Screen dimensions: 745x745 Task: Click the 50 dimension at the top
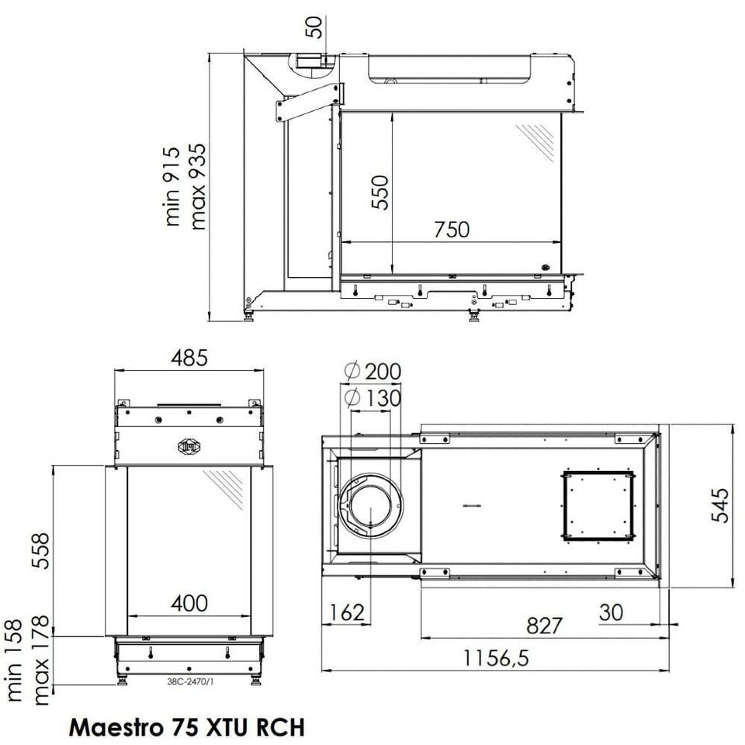tap(314, 27)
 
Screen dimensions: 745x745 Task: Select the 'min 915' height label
tap(172, 186)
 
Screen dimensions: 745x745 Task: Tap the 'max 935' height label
tap(198, 186)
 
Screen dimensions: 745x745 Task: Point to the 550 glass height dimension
tap(380, 192)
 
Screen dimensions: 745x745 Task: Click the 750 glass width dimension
tap(452, 230)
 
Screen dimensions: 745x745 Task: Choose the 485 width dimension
tap(189, 358)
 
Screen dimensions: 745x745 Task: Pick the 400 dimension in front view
tap(189, 604)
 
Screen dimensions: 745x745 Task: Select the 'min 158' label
tap(14, 660)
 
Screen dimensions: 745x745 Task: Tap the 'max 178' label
tap(41, 660)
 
